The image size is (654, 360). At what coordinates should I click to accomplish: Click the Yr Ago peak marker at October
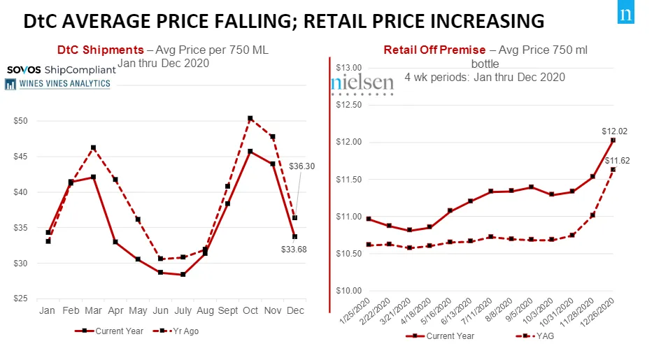[250, 119]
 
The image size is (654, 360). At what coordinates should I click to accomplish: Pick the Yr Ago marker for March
[93, 147]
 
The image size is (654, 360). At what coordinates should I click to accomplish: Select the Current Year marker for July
[183, 274]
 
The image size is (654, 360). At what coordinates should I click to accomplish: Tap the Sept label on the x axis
[227, 310]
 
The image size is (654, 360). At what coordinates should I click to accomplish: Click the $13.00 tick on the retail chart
[348, 68]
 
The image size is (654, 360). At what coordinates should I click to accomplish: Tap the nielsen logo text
[362, 82]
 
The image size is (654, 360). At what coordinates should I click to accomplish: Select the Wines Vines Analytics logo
[57, 84]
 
